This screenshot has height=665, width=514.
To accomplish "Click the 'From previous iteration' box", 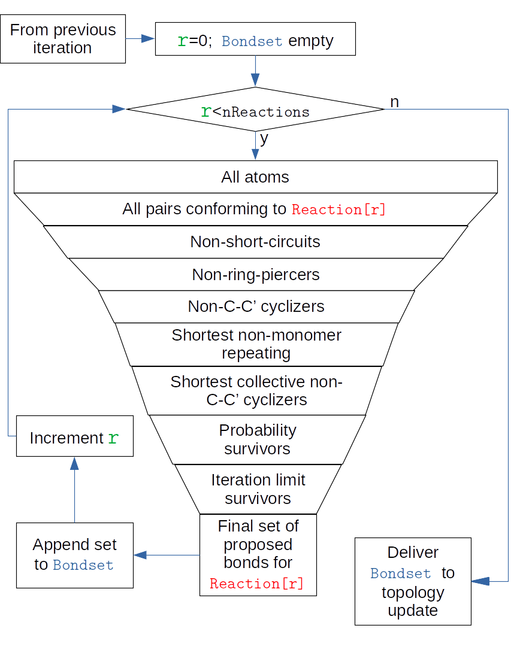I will click(63, 39).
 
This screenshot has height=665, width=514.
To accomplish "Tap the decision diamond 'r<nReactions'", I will click(255, 111).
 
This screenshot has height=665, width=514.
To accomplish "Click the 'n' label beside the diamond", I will click(394, 102).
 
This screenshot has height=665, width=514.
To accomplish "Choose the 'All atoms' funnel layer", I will click(255, 177).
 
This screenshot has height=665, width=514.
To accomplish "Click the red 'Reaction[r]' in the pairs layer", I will click(338, 209).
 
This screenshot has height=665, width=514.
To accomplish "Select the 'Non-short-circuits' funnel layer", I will click(255, 242).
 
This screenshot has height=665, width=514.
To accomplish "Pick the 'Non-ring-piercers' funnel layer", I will click(256, 274).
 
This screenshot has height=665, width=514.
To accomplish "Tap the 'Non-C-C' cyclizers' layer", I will click(256, 306).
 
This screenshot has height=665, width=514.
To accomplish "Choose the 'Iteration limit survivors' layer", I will click(258, 489).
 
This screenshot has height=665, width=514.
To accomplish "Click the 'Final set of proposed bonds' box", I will click(258, 554).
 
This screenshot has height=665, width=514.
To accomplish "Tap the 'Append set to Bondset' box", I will click(75, 555).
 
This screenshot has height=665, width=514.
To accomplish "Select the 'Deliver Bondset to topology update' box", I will click(413, 581).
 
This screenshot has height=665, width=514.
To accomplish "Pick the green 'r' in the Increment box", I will click(113, 438).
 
